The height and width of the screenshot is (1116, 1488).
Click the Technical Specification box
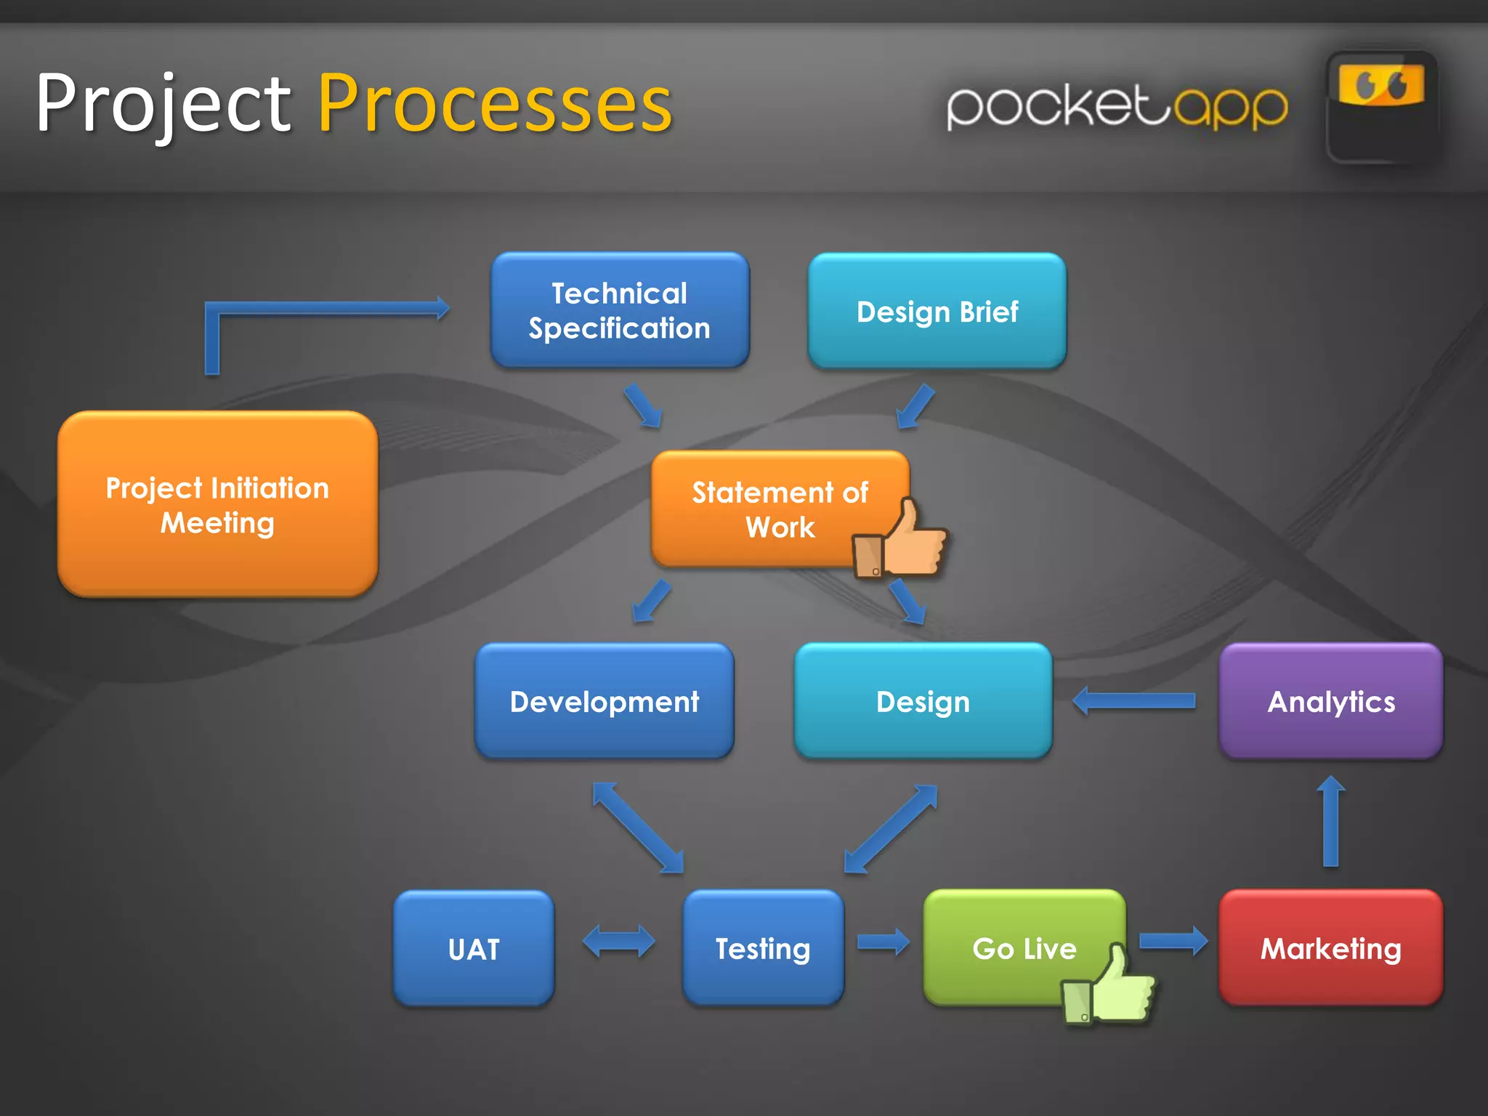point(620,310)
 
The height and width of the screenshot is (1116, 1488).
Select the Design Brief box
point(937,311)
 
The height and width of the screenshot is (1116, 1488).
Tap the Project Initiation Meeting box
point(217,504)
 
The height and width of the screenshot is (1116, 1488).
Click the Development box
point(604,701)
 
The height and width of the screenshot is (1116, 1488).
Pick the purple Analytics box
point(1330,701)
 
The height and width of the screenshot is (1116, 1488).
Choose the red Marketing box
point(1330,947)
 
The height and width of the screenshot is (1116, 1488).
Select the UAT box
point(474,948)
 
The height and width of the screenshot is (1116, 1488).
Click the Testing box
point(763,947)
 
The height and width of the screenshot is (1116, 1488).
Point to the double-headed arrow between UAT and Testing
point(618,942)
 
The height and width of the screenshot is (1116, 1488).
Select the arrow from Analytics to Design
point(1134,700)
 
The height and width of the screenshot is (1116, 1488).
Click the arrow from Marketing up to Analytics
point(1330,822)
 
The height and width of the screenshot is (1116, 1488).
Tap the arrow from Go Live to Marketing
point(1173,942)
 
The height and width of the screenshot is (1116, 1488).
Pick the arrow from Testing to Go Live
point(883,942)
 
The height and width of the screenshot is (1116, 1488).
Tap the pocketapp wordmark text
point(1117,108)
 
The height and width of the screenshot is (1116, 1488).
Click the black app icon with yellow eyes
point(1381,108)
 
